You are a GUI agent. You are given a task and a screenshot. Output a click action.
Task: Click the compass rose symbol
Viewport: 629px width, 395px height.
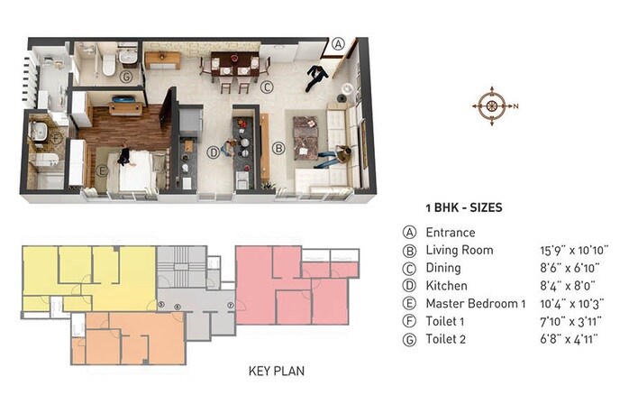(491, 106)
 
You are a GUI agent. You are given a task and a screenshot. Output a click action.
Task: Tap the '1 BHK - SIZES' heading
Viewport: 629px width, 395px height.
(463, 207)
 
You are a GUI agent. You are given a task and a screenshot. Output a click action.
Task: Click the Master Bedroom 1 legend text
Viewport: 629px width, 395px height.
(475, 304)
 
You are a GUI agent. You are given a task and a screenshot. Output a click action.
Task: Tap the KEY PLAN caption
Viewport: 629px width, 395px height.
(279, 371)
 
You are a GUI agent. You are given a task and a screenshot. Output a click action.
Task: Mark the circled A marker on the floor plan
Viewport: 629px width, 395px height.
(338, 42)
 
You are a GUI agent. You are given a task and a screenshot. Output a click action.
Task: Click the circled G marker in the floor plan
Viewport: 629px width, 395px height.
(126, 77)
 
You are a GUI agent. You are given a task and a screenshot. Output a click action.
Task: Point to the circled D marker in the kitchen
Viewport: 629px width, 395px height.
(214, 152)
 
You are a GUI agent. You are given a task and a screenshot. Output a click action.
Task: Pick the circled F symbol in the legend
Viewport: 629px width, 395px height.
(410, 322)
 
